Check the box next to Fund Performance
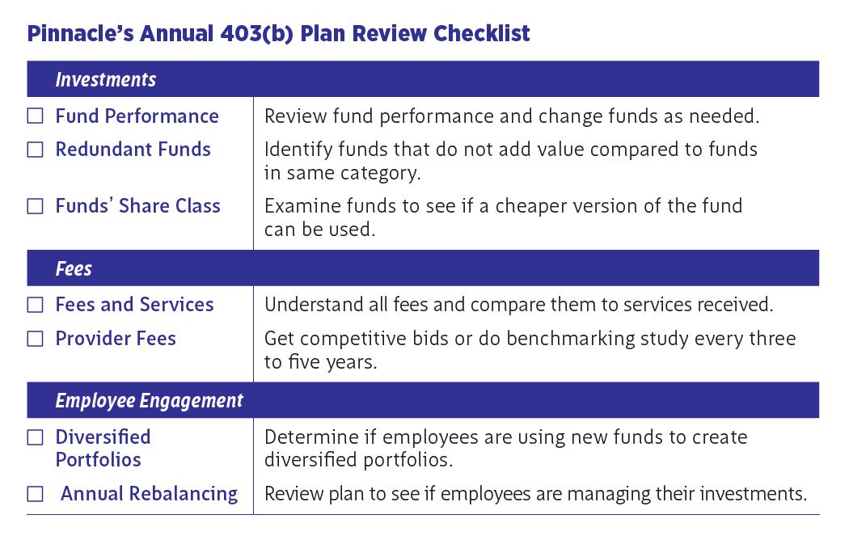coord(36,116)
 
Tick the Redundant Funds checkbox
coord(36,150)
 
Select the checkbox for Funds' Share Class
coord(36,206)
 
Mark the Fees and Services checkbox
coord(36,305)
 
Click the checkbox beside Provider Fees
coord(36,339)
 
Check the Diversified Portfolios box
coord(36,437)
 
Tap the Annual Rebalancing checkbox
coord(36,493)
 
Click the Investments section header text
coord(106,79)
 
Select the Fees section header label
coord(74,268)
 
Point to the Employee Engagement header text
coord(150,401)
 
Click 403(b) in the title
coord(256,33)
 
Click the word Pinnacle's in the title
coord(80,33)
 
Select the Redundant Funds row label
coord(133,150)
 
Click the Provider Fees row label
coord(116,339)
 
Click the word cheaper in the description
coord(531,207)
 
